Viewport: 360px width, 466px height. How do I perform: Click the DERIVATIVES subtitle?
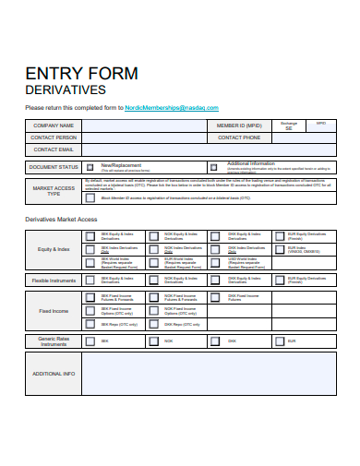(66, 90)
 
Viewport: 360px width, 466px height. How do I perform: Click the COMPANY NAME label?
(53, 125)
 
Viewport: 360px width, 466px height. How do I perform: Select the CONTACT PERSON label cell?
(53, 137)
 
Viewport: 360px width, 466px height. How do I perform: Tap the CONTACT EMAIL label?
(53, 149)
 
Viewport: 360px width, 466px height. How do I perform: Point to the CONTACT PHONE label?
(239, 137)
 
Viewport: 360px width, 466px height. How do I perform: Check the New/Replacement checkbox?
(90, 167)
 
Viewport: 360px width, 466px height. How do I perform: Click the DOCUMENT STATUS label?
(54, 167)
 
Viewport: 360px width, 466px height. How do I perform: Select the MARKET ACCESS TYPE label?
(54, 191)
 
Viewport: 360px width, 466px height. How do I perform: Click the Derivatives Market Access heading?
(61, 219)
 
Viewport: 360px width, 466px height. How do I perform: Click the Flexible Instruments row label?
(54, 280)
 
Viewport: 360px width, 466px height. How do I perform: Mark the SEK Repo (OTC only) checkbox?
(90, 325)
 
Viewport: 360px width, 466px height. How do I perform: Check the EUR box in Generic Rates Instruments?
(279, 341)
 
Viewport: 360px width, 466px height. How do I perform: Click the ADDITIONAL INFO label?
(54, 374)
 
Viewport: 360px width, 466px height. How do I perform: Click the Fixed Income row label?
(54, 311)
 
